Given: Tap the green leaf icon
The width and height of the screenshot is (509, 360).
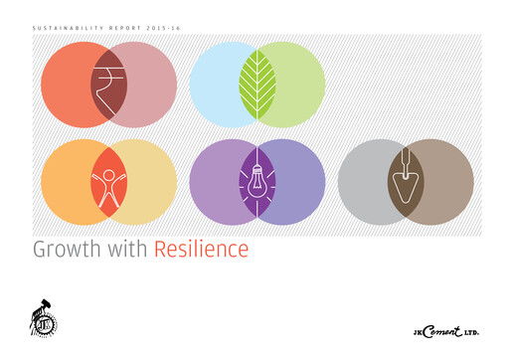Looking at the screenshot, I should click(256, 86).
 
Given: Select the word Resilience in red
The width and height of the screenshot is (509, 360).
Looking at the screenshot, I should click(201, 249).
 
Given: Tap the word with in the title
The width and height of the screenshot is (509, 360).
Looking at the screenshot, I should click(127, 249).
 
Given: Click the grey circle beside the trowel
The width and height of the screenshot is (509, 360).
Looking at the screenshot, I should click(363, 182).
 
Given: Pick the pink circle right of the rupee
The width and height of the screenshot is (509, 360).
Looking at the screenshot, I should click(149, 86).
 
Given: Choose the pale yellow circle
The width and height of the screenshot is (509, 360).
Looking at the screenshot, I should click(149, 182).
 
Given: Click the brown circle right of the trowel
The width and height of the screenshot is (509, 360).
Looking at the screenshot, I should click(447, 182).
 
